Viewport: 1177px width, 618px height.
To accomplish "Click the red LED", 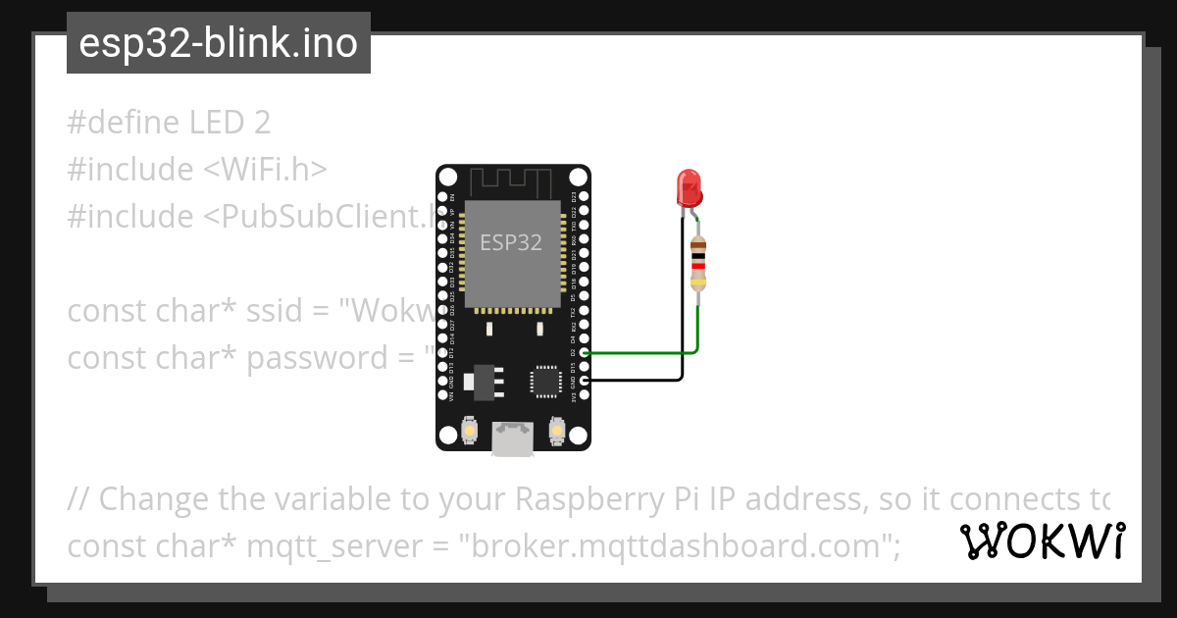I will coord(689,186).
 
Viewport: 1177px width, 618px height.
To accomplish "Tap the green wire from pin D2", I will coord(638,352).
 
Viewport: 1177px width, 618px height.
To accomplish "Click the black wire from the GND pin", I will coord(638,379).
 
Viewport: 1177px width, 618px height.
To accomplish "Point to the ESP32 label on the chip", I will coord(510,242).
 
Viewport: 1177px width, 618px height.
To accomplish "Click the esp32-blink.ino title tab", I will coord(218,43).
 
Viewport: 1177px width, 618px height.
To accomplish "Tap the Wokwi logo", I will coord(1043,541).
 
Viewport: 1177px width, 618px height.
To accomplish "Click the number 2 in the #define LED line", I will coord(261,123).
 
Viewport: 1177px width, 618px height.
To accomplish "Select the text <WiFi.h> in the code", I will coord(265,170).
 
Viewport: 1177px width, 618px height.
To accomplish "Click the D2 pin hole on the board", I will coord(585,352).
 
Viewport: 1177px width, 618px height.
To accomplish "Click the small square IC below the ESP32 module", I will coord(544,381).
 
